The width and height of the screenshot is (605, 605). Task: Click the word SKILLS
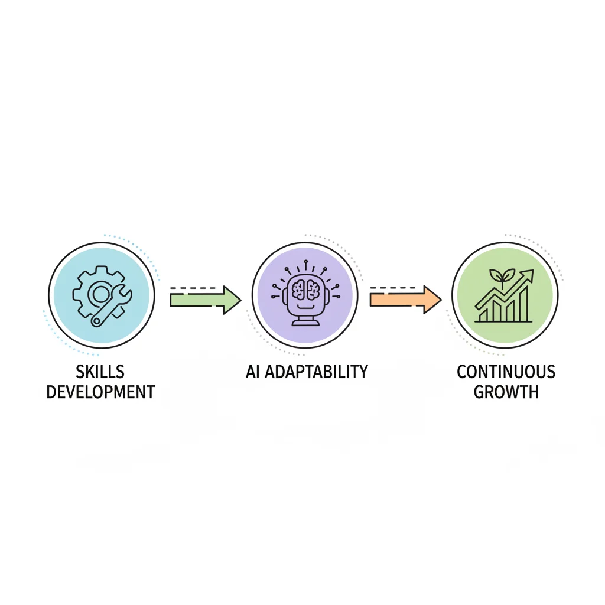100,372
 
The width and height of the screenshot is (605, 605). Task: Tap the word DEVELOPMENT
100,392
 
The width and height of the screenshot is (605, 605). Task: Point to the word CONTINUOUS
506,372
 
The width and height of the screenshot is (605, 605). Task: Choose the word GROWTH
506,392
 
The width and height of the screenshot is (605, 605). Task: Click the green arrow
205,300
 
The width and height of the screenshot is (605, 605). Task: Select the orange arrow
405,300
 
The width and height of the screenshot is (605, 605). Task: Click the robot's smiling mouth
305,307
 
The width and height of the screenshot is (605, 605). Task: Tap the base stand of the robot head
305,321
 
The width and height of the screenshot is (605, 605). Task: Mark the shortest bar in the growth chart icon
483,315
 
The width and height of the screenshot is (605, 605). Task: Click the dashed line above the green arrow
193,288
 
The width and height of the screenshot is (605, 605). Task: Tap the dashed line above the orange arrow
393,288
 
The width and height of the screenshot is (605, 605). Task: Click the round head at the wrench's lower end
96,320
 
